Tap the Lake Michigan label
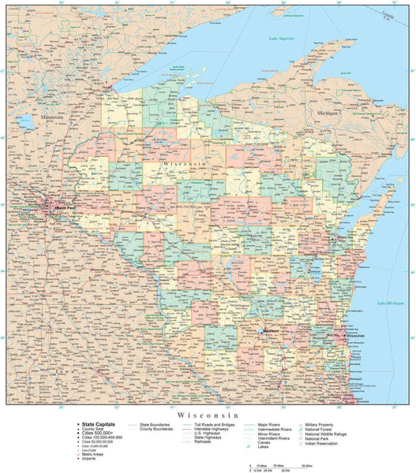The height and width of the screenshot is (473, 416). pyautogui.click(x=390, y=303)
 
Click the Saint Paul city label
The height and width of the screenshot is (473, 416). pyautogui.click(x=43, y=208)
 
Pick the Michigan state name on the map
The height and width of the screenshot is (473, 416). pyautogui.click(x=327, y=113)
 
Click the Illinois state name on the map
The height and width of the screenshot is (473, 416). pyautogui.click(x=230, y=389)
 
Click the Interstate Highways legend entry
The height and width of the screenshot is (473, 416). pyautogui.click(x=208, y=429)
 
